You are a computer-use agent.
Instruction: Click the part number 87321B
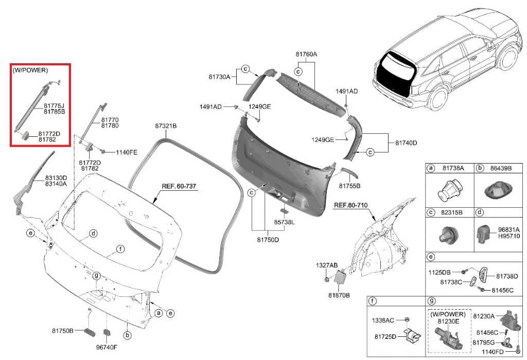pos(166,126)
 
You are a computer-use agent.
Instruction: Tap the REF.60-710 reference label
pos(351,205)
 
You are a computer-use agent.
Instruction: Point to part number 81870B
pos(339,296)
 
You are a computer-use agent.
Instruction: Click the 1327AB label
pos(327,265)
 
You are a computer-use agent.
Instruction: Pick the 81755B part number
pos(349,185)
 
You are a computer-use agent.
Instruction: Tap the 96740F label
pos(107,347)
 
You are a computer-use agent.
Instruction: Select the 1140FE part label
pos(126,152)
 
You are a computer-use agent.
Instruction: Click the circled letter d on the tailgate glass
pos(93,233)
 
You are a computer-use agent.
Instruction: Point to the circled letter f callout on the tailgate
pos(120,249)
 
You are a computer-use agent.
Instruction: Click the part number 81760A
pos(306,54)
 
